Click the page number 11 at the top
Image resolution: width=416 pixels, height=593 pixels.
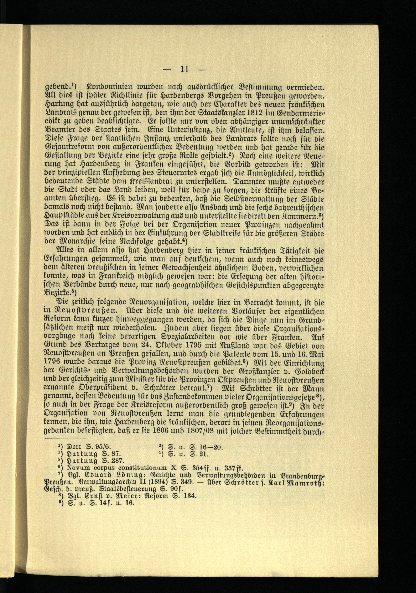pos(184,69)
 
